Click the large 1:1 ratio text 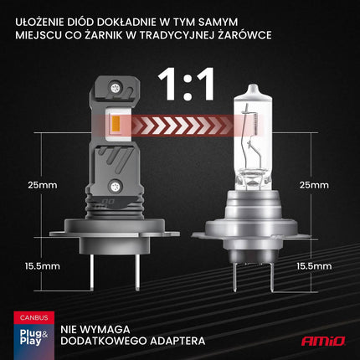click(185, 86)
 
